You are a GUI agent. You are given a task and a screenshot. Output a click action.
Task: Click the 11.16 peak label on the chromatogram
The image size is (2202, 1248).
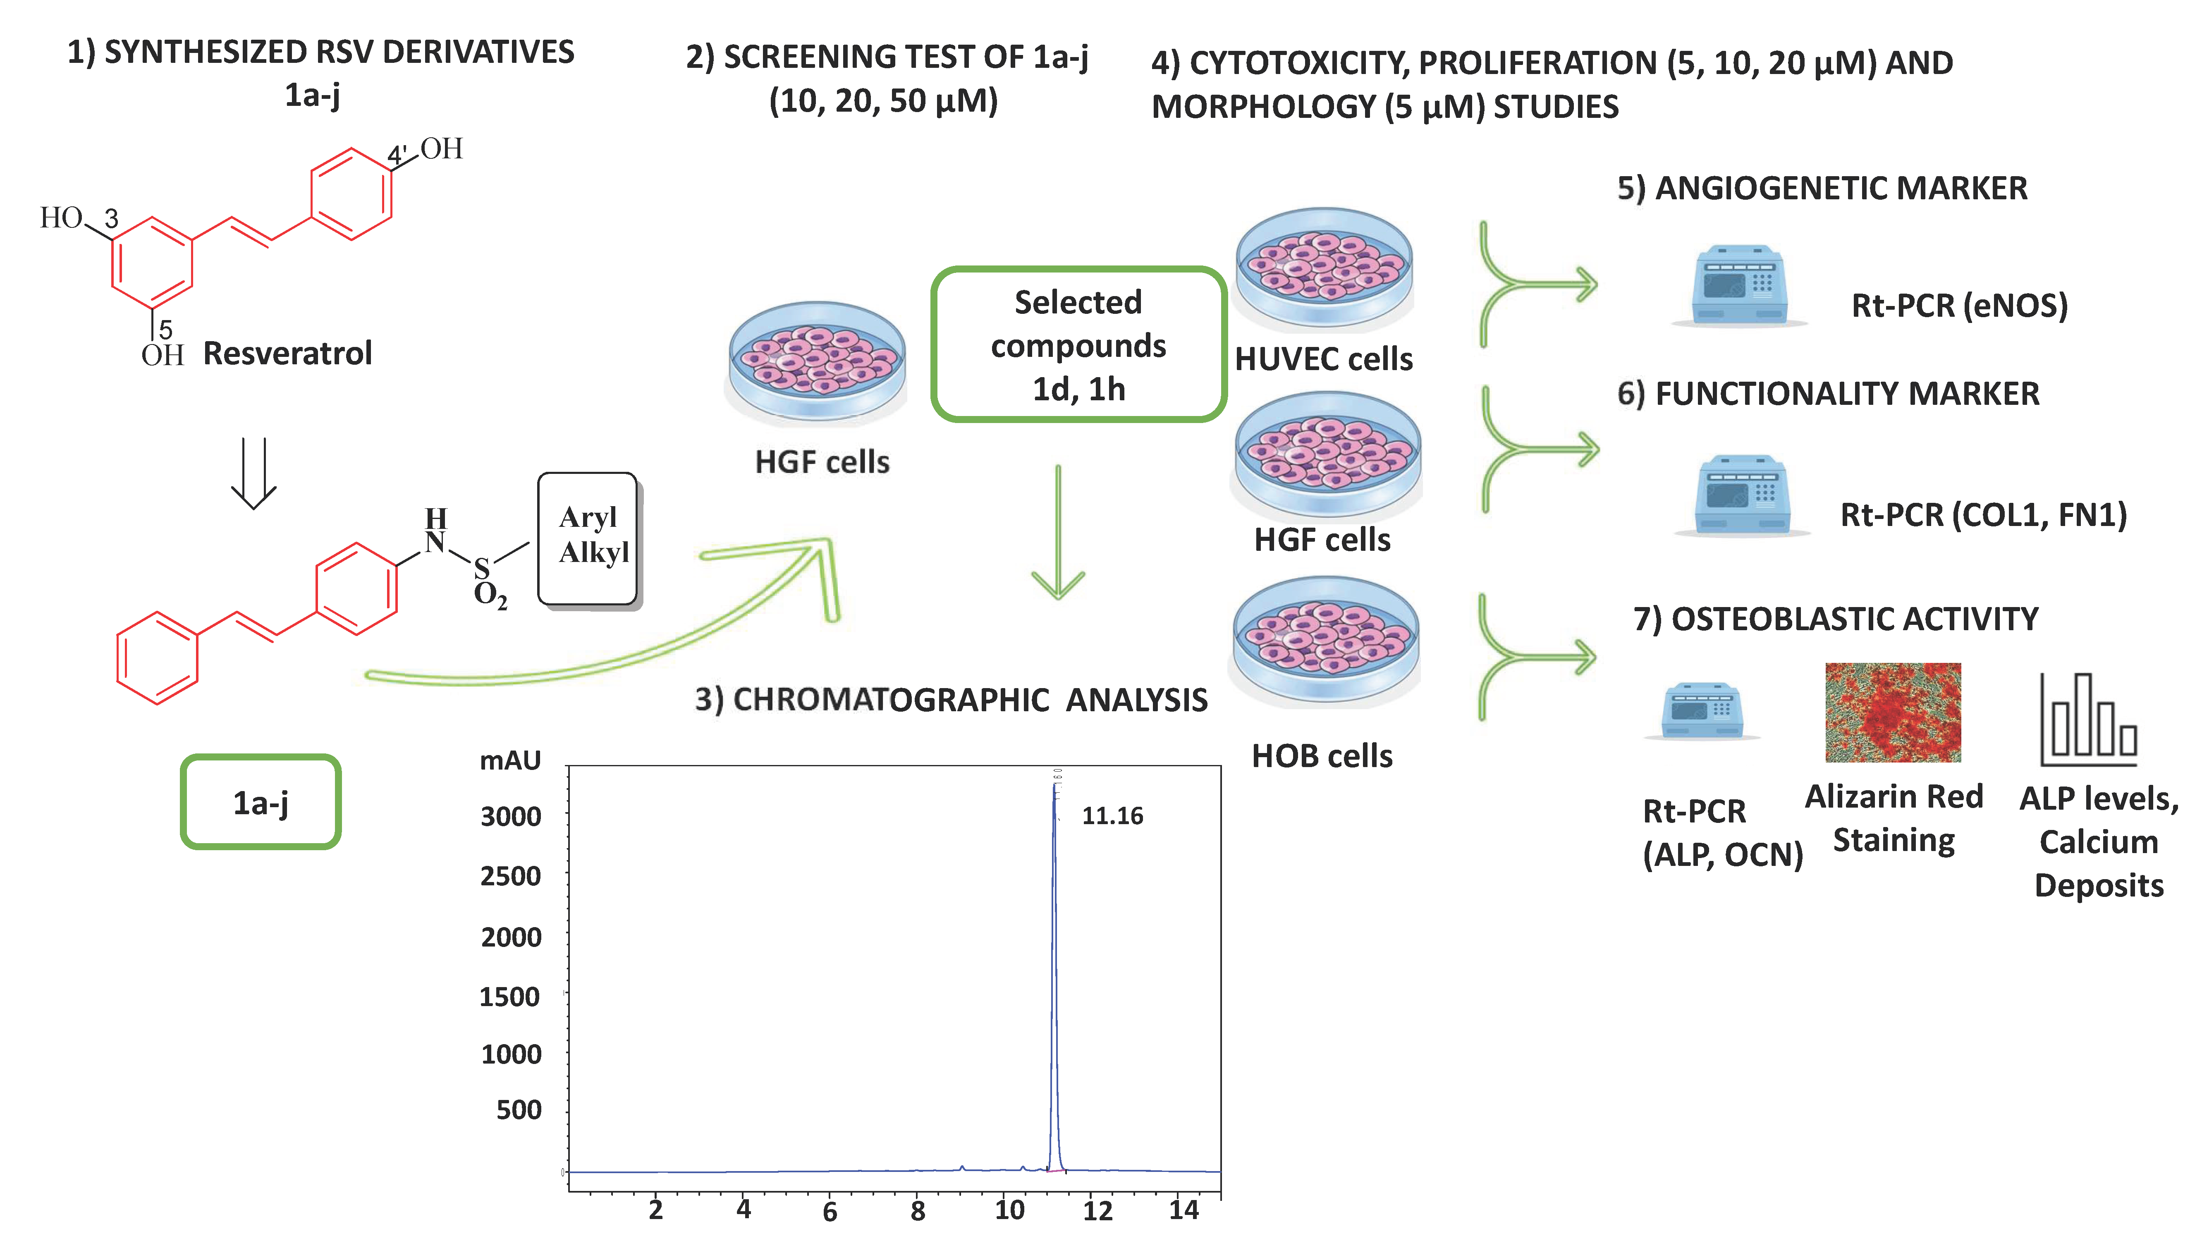click(x=1112, y=815)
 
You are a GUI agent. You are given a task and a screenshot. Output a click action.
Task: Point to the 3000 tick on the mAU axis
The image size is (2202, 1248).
click(x=511, y=816)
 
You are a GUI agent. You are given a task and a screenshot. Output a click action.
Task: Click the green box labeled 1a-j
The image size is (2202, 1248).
click(x=261, y=802)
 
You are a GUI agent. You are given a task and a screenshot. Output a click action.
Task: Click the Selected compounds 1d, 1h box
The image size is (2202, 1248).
click(x=1078, y=344)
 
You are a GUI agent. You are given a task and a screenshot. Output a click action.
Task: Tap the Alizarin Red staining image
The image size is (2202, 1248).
click(x=1893, y=712)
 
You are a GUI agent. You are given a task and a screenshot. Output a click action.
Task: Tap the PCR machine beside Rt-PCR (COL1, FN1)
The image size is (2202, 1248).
click(x=1742, y=495)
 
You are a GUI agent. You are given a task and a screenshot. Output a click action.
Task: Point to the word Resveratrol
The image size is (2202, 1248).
click(x=287, y=353)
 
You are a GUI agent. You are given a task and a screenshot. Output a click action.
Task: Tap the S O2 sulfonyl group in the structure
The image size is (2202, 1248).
click(x=488, y=581)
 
